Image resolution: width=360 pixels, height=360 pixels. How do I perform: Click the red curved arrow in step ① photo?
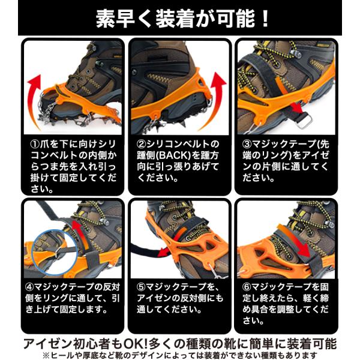pos(33,99)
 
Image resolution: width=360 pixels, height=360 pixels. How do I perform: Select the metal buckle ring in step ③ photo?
pos(304,121)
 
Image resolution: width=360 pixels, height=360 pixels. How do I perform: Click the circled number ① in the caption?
pos(35,145)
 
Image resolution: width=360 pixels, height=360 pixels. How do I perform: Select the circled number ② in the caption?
pos(141,144)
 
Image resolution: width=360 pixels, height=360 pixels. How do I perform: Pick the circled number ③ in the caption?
pos(247,144)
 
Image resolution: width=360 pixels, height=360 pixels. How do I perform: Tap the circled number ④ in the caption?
pos(29,287)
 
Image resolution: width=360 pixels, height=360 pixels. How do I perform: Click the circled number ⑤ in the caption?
pos(141,287)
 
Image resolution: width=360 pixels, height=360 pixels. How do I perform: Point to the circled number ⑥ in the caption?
pos(247,287)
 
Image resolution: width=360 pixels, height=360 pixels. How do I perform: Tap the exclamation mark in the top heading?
pos(265,19)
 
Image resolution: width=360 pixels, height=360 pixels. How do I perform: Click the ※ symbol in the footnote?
pos(47,355)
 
